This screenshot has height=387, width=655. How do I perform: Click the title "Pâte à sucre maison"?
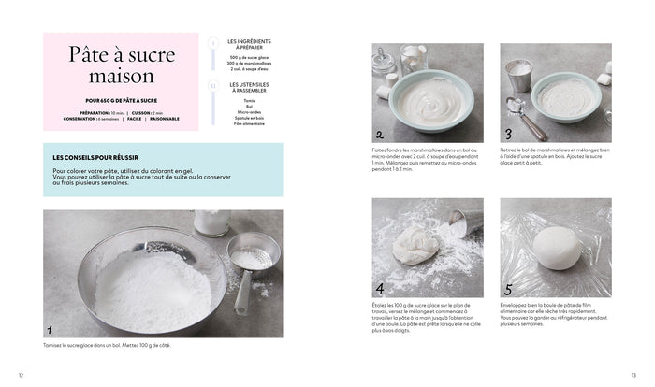coord(110,65)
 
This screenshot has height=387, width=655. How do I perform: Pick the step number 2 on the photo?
coord(380,134)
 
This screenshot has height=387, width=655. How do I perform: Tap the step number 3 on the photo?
coord(508,134)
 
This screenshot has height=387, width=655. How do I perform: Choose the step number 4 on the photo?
coord(380,288)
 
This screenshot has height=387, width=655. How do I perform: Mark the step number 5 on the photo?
coord(508,288)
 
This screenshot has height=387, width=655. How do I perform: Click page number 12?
coord(22,375)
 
